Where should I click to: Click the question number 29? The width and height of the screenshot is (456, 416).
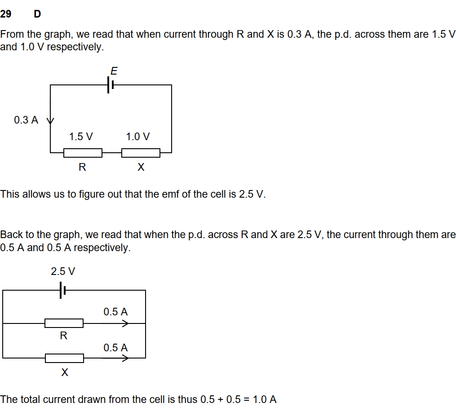6,14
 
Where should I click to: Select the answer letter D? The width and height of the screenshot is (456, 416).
37,14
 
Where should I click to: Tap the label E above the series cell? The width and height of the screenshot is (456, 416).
114,71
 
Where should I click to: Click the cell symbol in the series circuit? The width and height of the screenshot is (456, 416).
110,84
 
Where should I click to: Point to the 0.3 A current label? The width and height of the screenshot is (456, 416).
26,120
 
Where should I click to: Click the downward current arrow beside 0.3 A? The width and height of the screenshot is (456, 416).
50,120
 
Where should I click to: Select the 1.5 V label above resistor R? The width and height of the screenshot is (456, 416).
81,137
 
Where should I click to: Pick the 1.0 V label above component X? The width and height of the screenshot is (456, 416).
138,137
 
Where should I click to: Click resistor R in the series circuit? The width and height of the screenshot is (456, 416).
83,153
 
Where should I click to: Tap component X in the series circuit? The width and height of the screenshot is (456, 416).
141,153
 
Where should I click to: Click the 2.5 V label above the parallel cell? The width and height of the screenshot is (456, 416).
63,272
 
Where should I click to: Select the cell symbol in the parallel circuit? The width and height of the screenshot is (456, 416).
62,291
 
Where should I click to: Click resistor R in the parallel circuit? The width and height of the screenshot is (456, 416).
64,323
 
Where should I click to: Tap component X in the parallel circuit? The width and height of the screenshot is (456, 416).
64,358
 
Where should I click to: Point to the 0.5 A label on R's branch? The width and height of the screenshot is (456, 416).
115,312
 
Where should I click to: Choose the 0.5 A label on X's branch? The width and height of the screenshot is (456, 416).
115,348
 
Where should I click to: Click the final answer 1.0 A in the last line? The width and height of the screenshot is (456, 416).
265,400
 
